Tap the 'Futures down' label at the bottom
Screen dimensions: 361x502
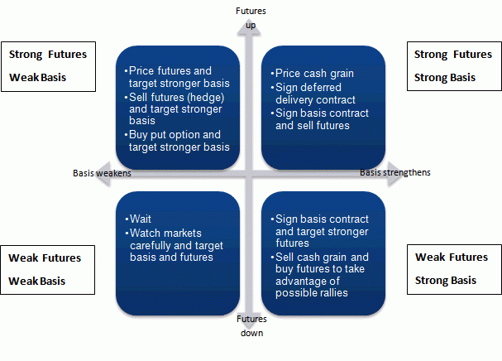[251, 326]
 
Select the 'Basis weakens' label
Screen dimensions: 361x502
[102, 173]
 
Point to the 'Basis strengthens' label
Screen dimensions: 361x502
[394, 172]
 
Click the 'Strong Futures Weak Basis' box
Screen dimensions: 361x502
[49, 67]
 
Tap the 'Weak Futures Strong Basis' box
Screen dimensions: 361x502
[452, 269]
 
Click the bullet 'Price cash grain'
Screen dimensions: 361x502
[314, 74]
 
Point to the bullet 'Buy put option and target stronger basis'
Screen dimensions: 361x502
[178, 141]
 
